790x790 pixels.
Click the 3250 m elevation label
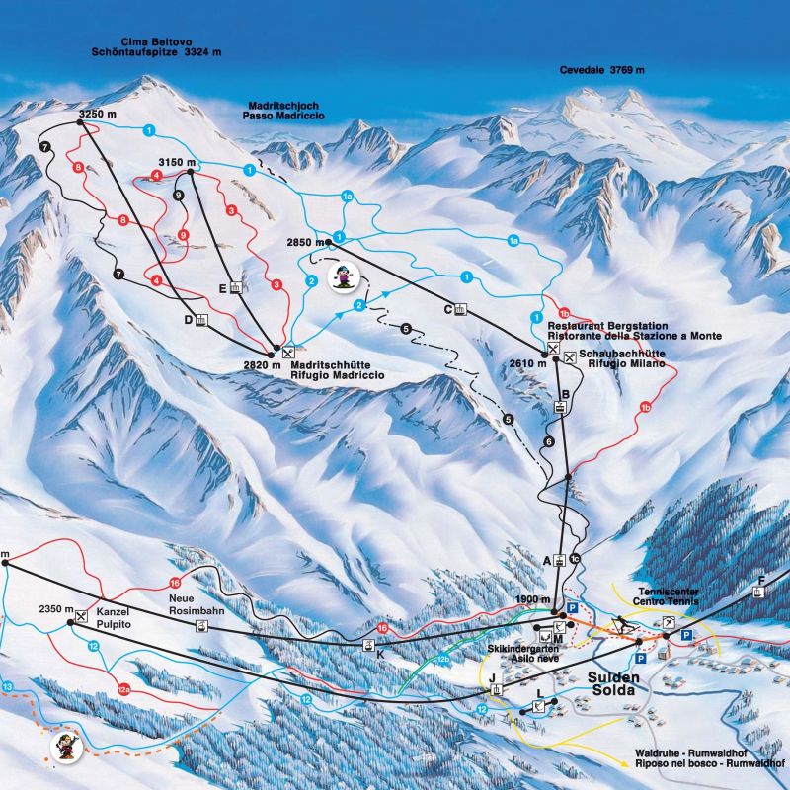click(x=97, y=115)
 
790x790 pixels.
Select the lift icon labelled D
click(x=201, y=320)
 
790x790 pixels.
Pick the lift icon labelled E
click(x=235, y=288)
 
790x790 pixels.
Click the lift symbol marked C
click(x=460, y=308)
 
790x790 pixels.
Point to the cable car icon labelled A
click(x=559, y=560)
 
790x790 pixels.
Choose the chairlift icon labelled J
click(x=495, y=688)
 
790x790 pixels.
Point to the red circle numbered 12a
click(x=123, y=689)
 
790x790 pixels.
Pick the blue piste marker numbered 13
click(x=8, y=685)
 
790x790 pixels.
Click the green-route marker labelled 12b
click(x=443, y=659)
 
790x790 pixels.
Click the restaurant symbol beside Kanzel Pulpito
click(x=81, y=618)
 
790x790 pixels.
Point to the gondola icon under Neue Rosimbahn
click(x=201, y=626)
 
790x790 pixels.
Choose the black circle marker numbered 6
click(x=549, y=441)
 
